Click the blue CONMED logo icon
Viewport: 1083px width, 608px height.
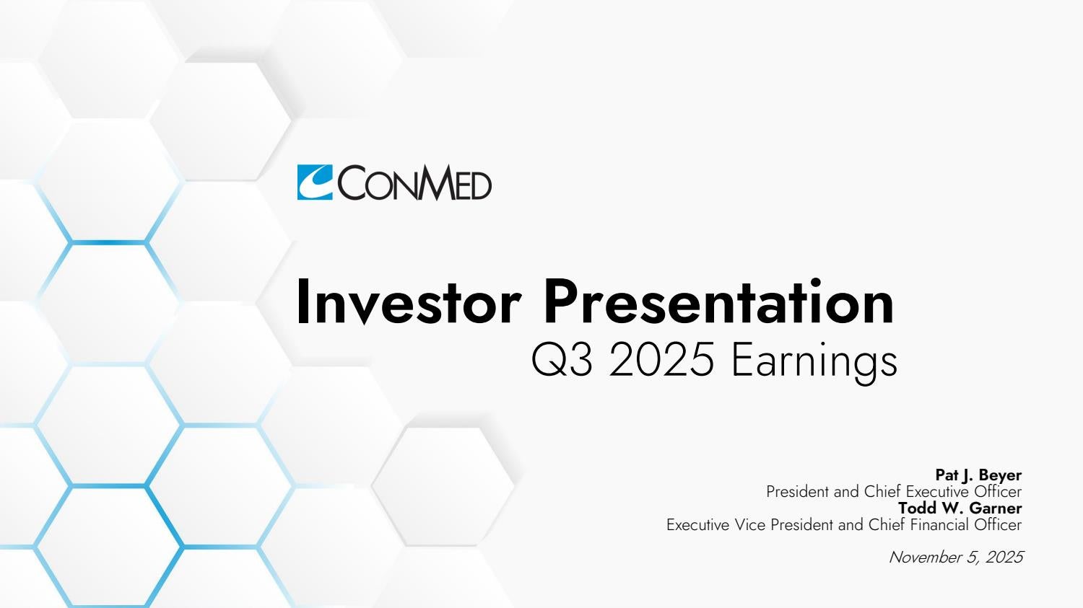(x=315, y=182)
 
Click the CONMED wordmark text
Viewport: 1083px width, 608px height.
(x=414, y=182)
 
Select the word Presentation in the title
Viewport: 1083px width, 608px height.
(x=718, y=302)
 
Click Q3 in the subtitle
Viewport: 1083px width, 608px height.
(x=561, y=359)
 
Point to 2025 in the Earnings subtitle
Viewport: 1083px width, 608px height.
(x=661, y=359)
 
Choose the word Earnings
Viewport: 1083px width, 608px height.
(x=814, y=362)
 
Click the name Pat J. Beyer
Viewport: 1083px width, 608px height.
(x=978, y=475)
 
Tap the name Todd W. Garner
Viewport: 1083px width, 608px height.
(x=960, y=508)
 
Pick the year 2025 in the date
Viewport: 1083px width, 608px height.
(x=1004, y=558)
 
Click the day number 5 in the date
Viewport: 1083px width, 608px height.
(x=973, y=558)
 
